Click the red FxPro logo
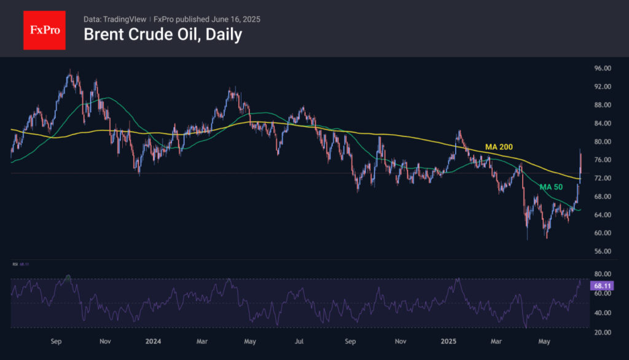[44, 29]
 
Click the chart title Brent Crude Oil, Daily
[162, 34]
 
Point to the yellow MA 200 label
[499, 147]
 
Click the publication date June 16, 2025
[236, 19]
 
